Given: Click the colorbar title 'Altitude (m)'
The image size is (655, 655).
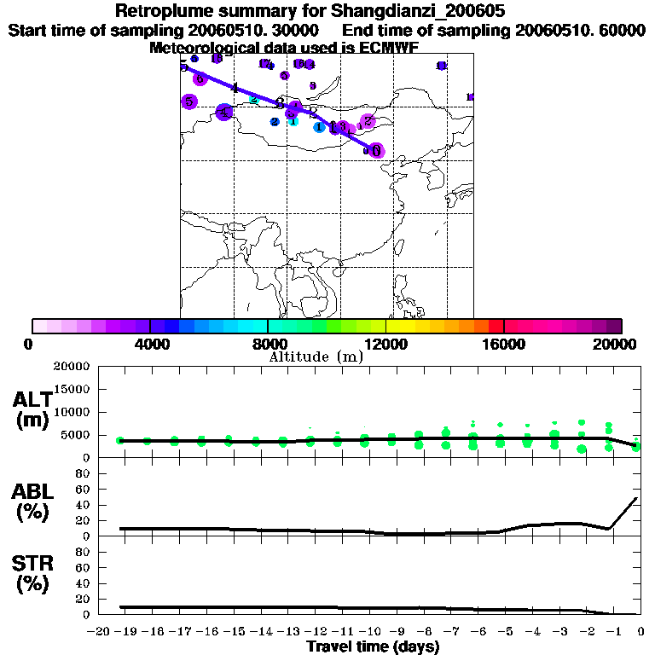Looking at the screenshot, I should [x=316, y=356].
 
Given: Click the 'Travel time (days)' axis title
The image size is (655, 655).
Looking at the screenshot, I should [x=373, y=646].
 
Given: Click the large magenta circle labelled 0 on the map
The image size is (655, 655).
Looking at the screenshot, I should [x=376, y=150].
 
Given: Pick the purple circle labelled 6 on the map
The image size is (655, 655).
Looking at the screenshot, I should [x=200, y=78].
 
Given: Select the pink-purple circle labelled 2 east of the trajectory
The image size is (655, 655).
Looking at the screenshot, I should [x=368, y=121].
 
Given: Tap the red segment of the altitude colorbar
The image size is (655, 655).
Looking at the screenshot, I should [x=496, y=326].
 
